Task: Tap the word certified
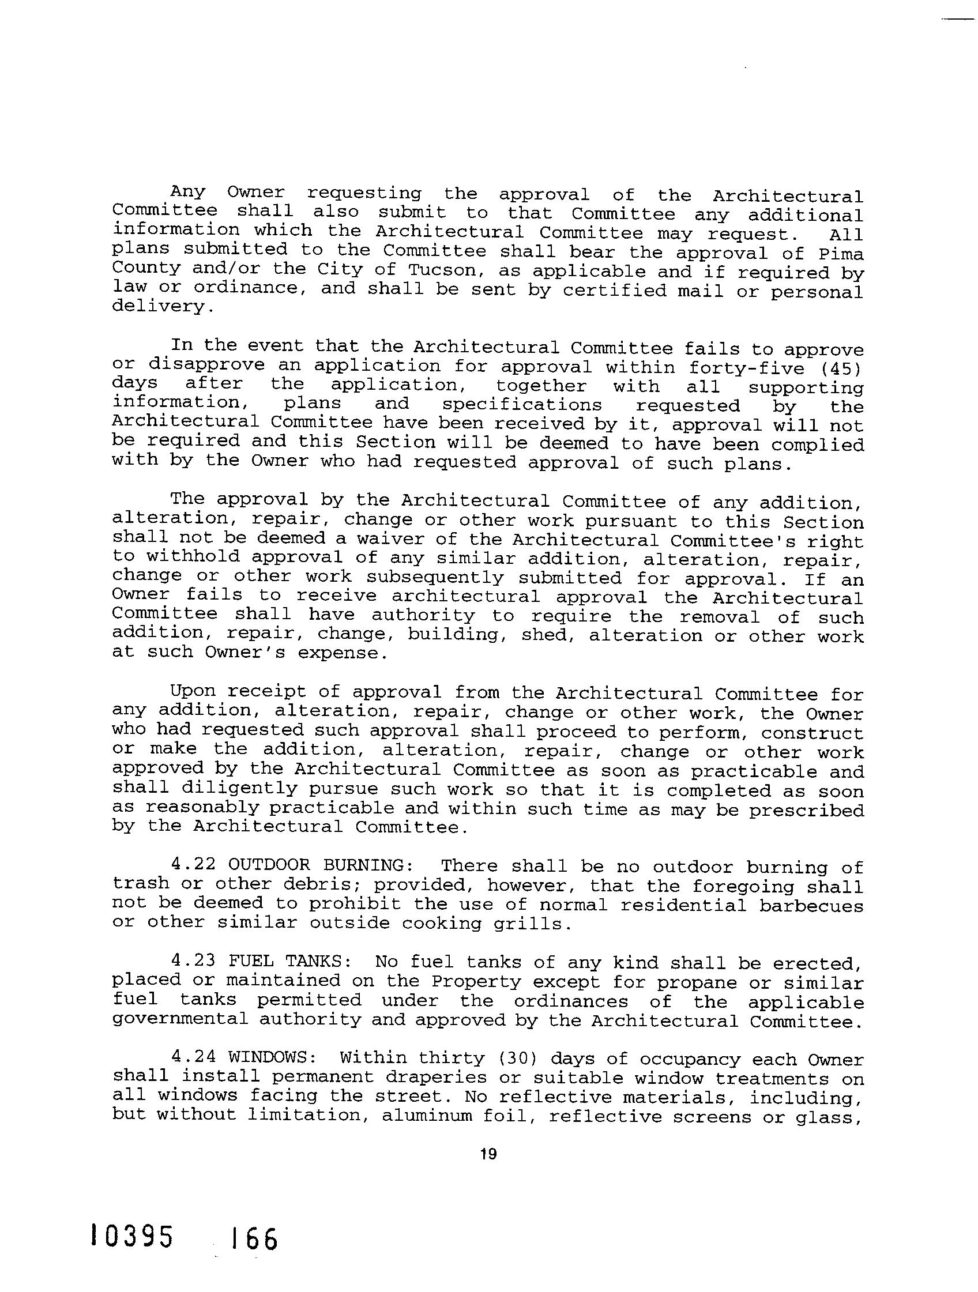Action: pyautogui.click(x=614, y=291)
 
